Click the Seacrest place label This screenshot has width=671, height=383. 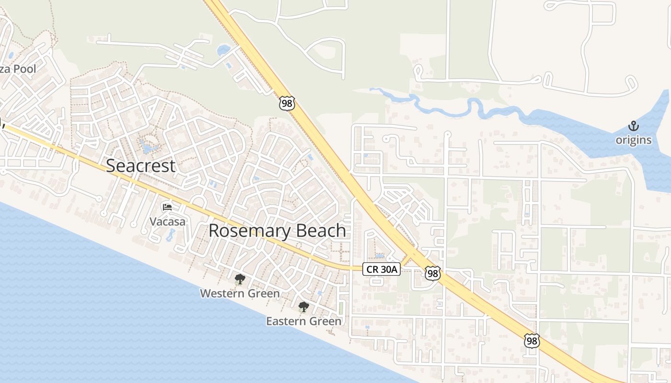[x=140, y=166]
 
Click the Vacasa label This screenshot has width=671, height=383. [x=167, y=222]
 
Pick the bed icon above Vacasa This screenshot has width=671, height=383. [x=167, y=207]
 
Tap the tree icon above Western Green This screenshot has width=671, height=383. [x=240, y=279]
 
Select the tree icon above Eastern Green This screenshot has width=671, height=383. [x=303, y=307]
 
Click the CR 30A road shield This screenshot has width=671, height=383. [x=381, y=269]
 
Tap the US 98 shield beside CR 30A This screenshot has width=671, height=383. [x=432, y=273]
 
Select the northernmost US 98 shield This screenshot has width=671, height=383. [x=287, y=103]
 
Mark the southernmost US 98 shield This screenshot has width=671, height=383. [x=532, y=340]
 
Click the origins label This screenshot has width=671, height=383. [x=634, y=140]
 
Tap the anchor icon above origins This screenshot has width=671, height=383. [x=634, y=126]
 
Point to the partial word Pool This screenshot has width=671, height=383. [x=24, y=69]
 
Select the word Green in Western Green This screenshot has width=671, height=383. [x=263, y=293]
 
